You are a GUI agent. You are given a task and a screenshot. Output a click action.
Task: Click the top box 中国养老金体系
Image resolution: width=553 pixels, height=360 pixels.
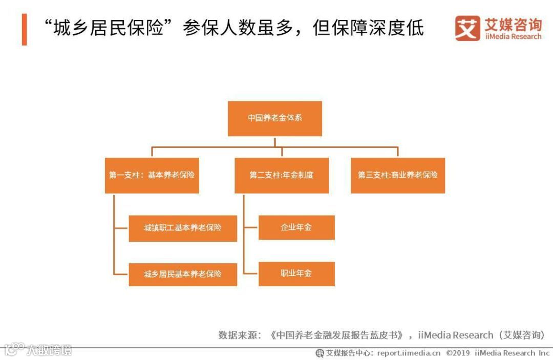pyautogui.click(x=275, y=118)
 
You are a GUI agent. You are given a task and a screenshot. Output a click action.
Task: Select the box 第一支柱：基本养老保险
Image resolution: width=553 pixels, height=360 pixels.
pyautogui.click(x=152, y=175)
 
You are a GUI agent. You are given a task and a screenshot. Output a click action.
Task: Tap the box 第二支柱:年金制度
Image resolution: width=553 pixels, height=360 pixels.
pyautogui.click(x=282, y=175)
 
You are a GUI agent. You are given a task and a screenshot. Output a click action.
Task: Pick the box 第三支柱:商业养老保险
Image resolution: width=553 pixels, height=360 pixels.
pyautogui.click(x=398, y=175)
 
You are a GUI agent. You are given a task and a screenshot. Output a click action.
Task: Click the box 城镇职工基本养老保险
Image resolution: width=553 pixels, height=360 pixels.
pyautogui.click(x=183, y=228)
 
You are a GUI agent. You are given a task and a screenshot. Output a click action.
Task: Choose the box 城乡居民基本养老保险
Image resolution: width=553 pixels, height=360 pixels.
pyautogui.click(x=183, y=274)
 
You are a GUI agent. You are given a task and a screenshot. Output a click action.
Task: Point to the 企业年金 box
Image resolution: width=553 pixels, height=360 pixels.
pyautogui.click(x=296, y=227)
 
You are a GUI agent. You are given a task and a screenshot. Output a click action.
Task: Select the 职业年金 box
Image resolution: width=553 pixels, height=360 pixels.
pyautogui.click(x=296, y=273)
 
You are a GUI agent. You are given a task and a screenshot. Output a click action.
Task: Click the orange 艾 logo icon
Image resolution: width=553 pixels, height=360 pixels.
pyautogui.click(x=467, y=28)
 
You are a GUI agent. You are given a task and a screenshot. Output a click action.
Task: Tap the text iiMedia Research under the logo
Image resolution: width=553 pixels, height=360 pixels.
pyautogui.click(x=513, y=37)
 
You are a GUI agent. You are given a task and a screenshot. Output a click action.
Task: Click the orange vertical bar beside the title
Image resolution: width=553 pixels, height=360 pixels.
pyautogui.click(x=24, y=29)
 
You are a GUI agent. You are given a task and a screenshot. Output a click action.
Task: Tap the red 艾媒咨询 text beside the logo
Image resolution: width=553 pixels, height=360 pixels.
pyautogui.click(x=513, y=24)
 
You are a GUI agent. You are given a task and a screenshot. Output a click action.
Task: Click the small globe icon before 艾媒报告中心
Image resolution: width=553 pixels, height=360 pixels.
pyautogui.click(x=320, y=353)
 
